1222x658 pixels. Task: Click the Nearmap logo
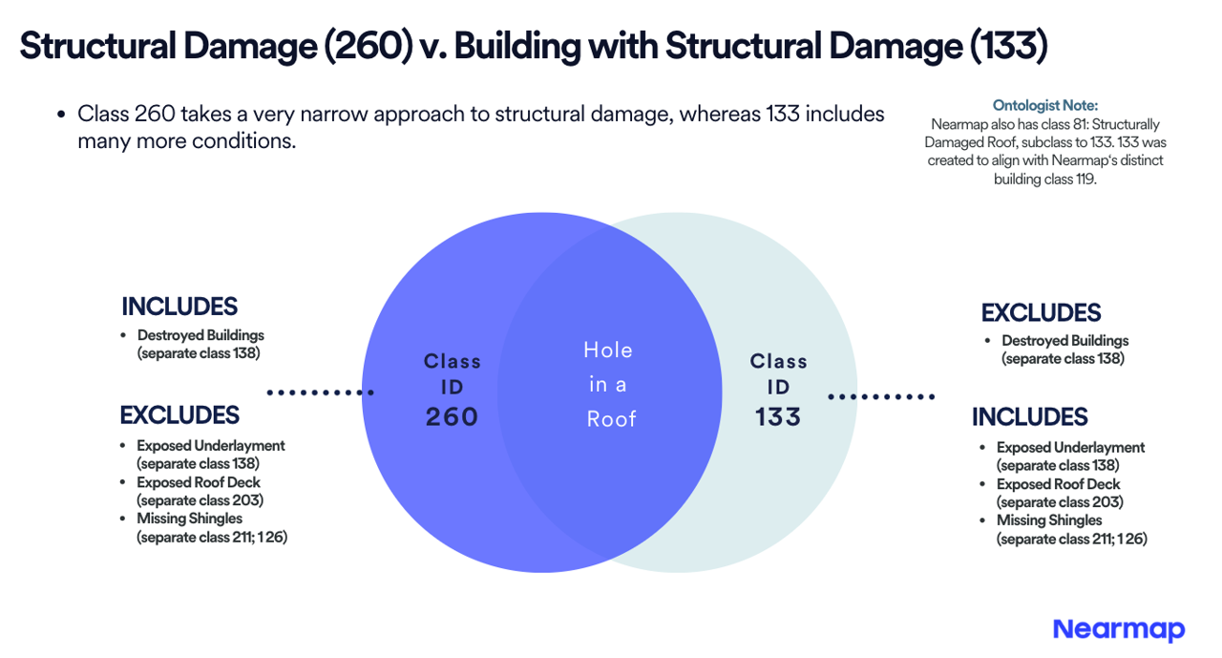pos(1118,630)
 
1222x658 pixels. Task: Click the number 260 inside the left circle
pos(452,416)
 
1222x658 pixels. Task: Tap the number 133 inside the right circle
pos(778,416)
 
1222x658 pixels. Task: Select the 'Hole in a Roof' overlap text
pos(609,385)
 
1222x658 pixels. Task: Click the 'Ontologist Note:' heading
pos(1044,105)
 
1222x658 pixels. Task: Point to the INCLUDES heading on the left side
pos(179,307)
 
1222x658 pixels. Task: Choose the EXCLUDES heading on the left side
pos(179,415)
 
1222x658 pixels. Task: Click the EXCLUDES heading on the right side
pos(1041,312)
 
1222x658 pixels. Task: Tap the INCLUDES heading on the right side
pos(1030,416)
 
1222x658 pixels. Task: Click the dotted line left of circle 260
pos(321,393)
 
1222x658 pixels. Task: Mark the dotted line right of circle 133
pos(881,396)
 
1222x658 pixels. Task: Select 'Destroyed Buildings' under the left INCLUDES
pos(200,335)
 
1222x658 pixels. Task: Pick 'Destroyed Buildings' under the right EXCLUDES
pos(1064,340)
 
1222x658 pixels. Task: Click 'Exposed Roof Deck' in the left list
pos(199,482)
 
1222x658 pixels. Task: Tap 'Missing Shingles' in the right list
pos(1049,520)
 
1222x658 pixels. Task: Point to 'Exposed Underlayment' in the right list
pos(1070,447)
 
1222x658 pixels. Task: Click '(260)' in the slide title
pos(369,46)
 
